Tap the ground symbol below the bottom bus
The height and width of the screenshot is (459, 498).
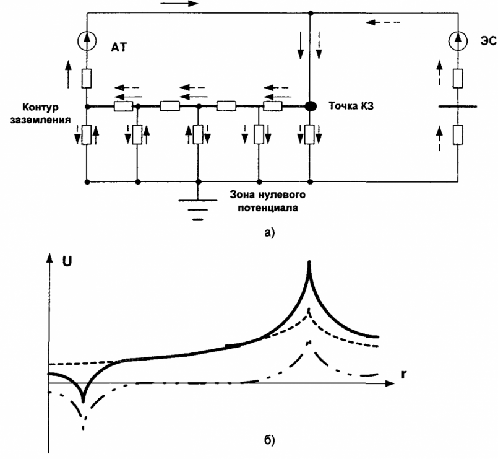[x=197, y=208]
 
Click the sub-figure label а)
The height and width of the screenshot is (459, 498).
[x=268, y=234]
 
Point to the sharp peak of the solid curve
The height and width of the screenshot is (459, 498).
[x=308, y=263]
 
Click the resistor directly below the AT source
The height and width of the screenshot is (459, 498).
[x=86, y=79]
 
